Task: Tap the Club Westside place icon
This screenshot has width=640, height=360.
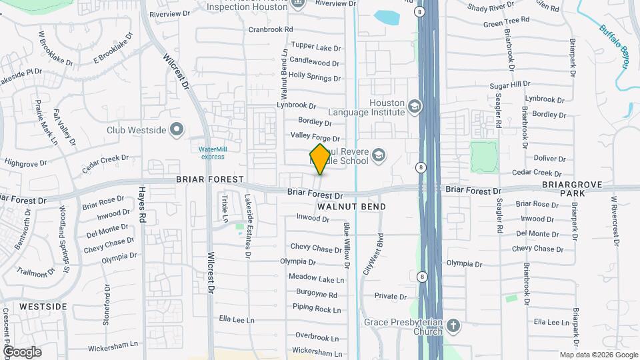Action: click(177, 129)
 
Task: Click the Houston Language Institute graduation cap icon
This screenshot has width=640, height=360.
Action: click(415, 107)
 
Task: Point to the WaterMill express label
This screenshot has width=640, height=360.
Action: click(213, 153)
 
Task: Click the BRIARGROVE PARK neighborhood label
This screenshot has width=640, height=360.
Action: click(572, 188)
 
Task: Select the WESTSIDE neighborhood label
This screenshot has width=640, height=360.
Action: click(43, 307)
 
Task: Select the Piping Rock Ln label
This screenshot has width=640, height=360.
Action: click(317, 309)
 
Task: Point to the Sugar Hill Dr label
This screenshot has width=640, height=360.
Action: click(509, 86)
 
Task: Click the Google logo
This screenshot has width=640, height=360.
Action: click(22, 351)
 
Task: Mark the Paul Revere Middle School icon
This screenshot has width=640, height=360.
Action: click(379, 155)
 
